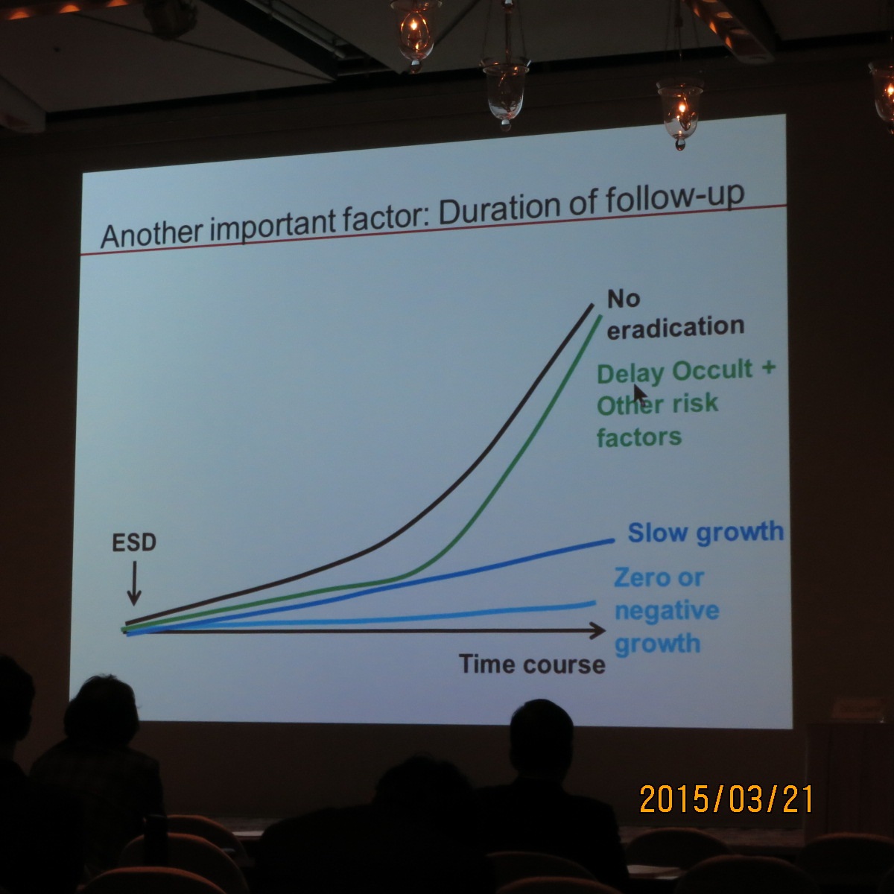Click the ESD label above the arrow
pos(134,542)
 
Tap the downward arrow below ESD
pos(135,583)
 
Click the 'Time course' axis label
pos(532,665)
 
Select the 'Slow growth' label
pos(706,532)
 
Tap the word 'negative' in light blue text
pos(667,612)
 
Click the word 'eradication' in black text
pos(676,327)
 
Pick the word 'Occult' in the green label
pos(712,370)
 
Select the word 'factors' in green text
pos(639,437)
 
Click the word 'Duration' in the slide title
pos(499,209)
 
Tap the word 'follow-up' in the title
pos(675,198)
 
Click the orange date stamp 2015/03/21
pos(726,799)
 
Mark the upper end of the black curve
pos(592,305)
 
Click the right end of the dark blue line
pos(613,540)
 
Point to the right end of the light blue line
pos(595,603)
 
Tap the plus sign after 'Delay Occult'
pos(768,367)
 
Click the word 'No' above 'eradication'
pos(624,299)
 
